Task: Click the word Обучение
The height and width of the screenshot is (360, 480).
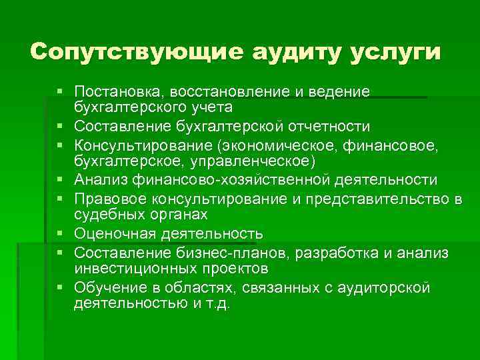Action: click(x=108, y=289)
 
